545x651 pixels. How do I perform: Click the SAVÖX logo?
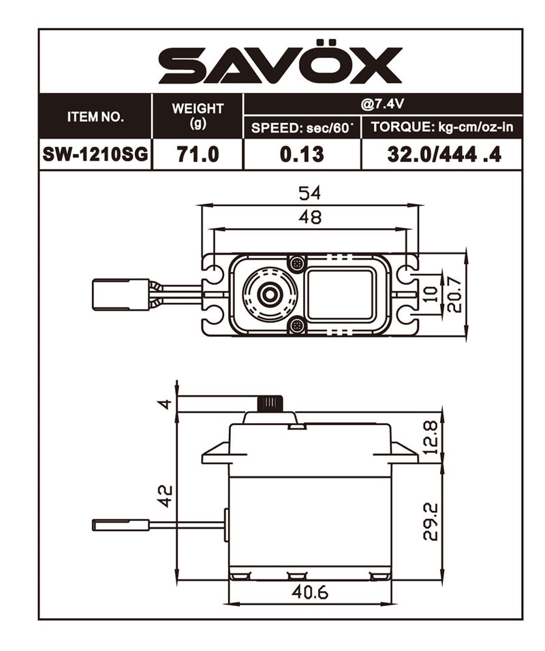(280, 66)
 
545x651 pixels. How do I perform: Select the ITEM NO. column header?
(95, 116)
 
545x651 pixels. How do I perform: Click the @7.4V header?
(382, 104)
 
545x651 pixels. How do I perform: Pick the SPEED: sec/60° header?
(302, 127)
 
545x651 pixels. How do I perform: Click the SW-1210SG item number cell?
(95, 154)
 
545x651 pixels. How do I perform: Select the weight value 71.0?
(198, 154)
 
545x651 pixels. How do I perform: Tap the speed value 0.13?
(302, 154)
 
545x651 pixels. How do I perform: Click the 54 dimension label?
(309, 193)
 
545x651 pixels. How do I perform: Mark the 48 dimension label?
(309, 218)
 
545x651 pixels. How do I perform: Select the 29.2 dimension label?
(430, 522)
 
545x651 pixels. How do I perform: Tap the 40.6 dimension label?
(310, 592)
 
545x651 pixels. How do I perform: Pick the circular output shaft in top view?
(270, 294)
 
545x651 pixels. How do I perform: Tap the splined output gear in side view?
(270, 403)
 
